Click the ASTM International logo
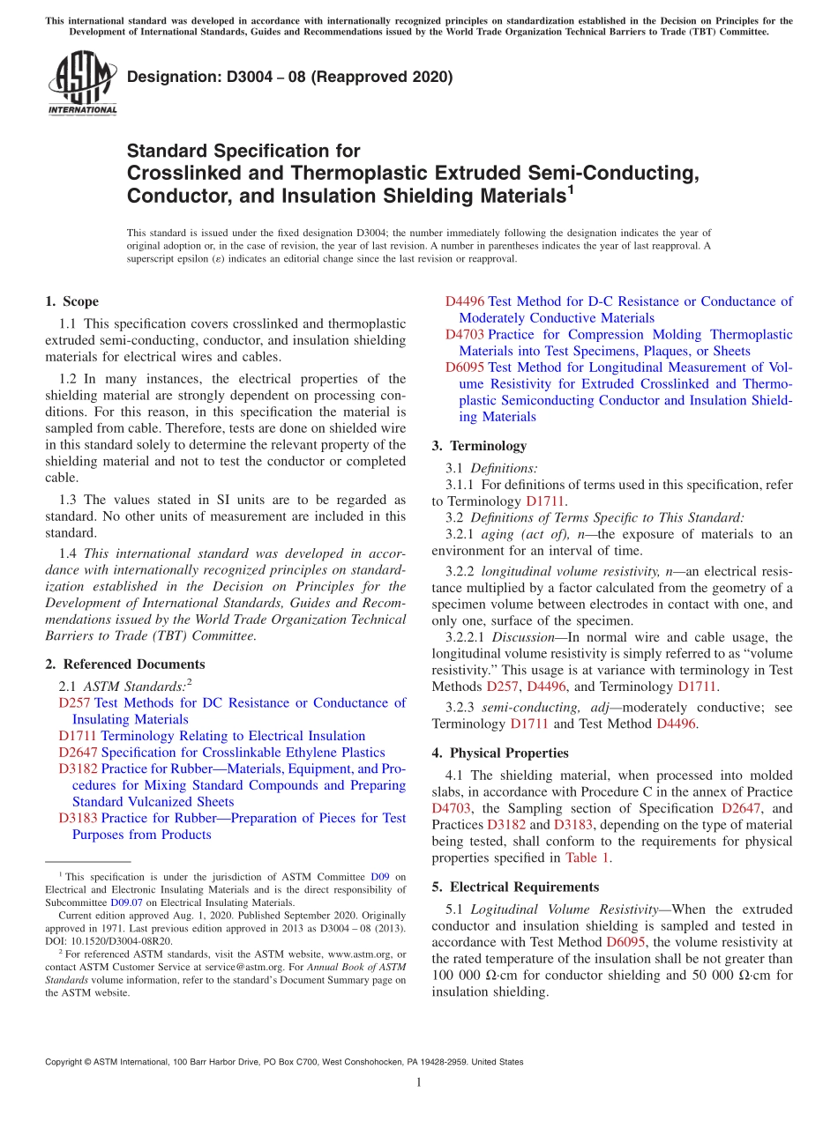(x=82, y=85)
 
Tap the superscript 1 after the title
(x=570, y=189)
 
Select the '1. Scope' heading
(x=71, y=301)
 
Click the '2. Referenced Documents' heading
(x=124, y=664)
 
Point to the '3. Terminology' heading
(x=479, y=446)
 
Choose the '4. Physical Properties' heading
(x=500, y=753)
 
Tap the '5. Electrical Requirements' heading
(x=515, y=887)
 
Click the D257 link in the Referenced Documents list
(x=74, y=702)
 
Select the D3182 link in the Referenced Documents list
(x=78, y=768)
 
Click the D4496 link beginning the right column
(x=464, y=301)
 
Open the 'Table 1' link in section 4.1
(x=587, y=857)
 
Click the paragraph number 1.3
(x=68, y=500)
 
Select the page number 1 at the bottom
(x=419, y=1082)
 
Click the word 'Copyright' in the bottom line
(x=65, y=1062)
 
